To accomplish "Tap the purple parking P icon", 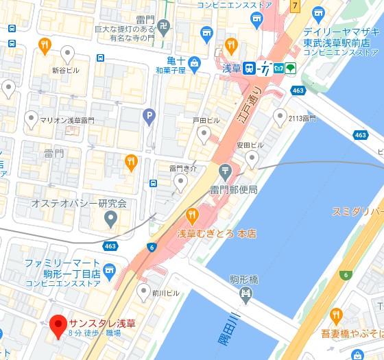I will click(x=149, y=118).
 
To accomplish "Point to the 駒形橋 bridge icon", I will click(x=245, y=295).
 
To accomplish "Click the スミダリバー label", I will click(x=357, y=211).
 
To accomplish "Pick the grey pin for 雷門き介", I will click(x=180, y=181).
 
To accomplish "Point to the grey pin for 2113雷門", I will click(x=280, y=117).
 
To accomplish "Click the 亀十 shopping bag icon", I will click(x=195, y=64).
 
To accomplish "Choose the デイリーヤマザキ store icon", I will click(x=317, y=14).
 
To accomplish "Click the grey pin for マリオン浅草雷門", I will click(x=32, y=119).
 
